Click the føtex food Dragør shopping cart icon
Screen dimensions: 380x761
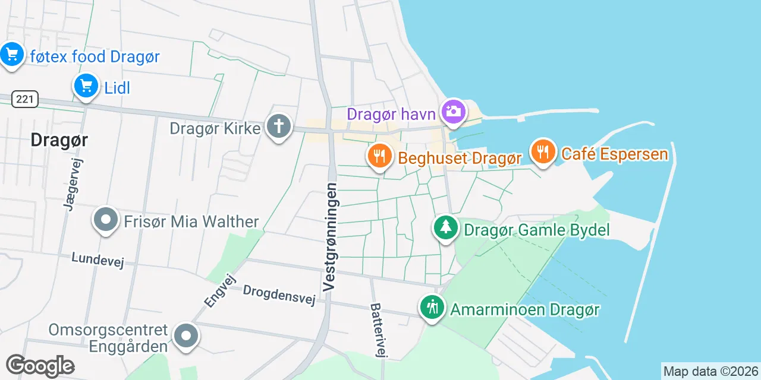pyautogui.click(x=11, y=55)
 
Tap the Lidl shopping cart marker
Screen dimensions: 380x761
pyautogui.click(x=86, y=86)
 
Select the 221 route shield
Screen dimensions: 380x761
pyautogui.click(x=25, y=99)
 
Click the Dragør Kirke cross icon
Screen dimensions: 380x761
pyautogui.click(x=279, y=126)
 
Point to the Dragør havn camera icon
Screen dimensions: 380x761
pyautogui.click(x=454, y=111)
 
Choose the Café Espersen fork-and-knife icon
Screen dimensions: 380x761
pyautogui.click(x=543, y=151)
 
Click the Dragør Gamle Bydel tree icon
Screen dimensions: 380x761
pyautogui.click(x=445, y=227)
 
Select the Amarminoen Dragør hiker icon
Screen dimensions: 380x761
pyautogui.click(x=432, y=307)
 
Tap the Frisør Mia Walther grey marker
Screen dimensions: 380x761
pyautogui.click(x=106, y=220)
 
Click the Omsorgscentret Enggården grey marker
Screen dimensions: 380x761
pyautogui.click(x=185, y=336)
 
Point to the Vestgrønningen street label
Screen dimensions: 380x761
pyautogui.click(x=331, y=237)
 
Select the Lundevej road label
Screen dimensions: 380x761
pyautogui.click(x=98, y=260)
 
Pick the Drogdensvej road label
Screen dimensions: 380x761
pyautogui.click(x=279, y=295)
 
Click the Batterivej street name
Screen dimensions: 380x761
pyautogui.click(x=378, y=331)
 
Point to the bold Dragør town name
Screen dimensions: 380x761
pyautogui.click(x=59, y=140)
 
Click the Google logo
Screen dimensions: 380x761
pyautogui.click(x=40, y=366)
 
